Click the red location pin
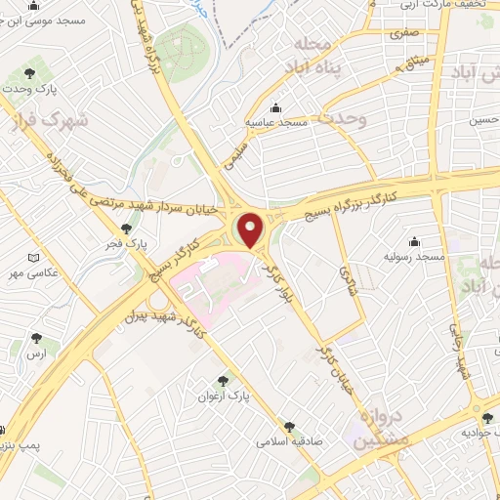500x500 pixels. pyautogui.click(x=251, y=229)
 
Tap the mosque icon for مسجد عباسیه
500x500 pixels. pyautogui.click(x=276, y=107)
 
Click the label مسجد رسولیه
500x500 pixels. pyautogui.click(x=414, y=256)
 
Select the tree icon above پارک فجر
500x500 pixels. pyautogui.click(x=126, y=228)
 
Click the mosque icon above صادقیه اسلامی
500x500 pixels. pyautogui.click(x=289, y=427)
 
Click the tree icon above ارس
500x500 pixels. pyautogui.click(x=37, y=338)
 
